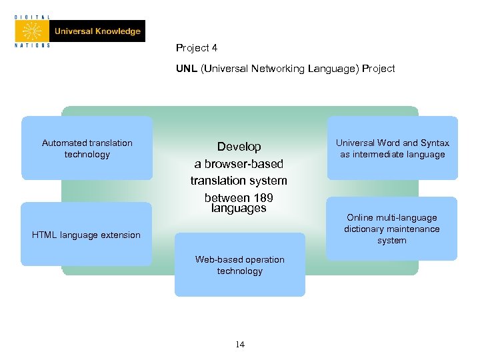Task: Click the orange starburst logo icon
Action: tap(32, 31)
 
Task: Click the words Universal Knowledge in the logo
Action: tap(97, 31)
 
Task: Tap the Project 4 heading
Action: tap(197, 48)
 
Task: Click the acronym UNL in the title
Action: tap(186, 68)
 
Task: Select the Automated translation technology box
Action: tap(87, 148)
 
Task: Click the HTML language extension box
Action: tap(87, 235)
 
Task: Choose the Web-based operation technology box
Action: tap(240, 265)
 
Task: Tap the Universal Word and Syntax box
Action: tap(392, 148)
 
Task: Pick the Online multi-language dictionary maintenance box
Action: tap(392, 229)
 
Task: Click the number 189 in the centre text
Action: tap(263, 197)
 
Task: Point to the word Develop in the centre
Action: tap(239, 147)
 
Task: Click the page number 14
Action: tap(240, 344)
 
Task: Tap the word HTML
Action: tap(44, 235)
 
